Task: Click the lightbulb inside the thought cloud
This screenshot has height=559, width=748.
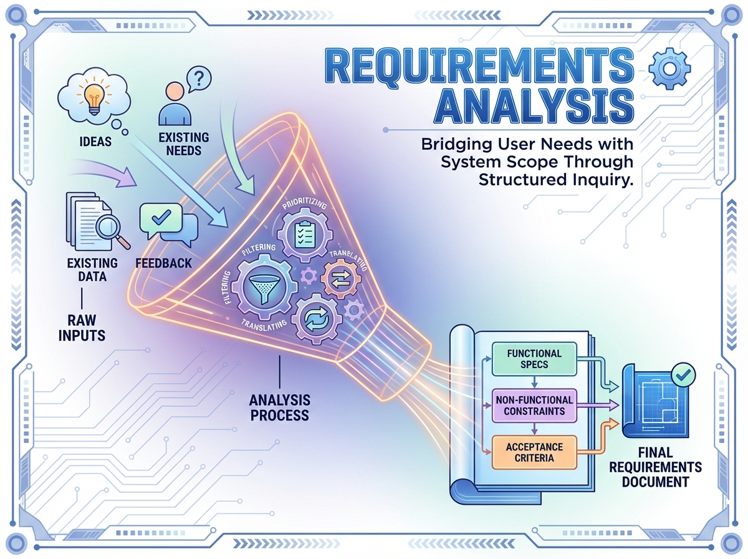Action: tap(93, 97)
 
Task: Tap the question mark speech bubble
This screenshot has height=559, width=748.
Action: tap(198, 79)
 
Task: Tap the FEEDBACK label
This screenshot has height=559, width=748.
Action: tap(163, 263)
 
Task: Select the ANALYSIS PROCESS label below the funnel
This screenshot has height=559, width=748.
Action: tap(279, 407)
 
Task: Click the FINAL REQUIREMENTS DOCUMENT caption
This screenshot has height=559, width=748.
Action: tap(655, 467)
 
